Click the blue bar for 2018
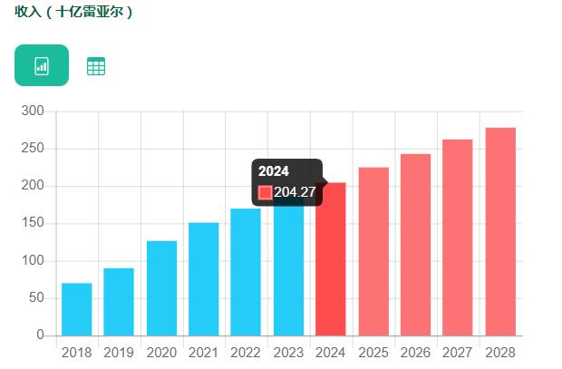point(77,309)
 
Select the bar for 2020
point(161,287)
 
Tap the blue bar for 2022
point(246,272)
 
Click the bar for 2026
point(415,245)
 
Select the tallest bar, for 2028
point(500,231)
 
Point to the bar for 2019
point(119,302)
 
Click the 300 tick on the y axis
point(33,111)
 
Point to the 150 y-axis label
point(33,223)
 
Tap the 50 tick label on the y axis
point(36,297)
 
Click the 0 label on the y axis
point(41,335)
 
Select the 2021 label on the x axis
point(203,353)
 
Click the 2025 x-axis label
point(373,353)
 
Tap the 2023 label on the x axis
point(288,353)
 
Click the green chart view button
point(42,65)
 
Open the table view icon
point(95,66)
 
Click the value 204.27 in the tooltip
point(295,192)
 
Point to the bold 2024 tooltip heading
point(274,171)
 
